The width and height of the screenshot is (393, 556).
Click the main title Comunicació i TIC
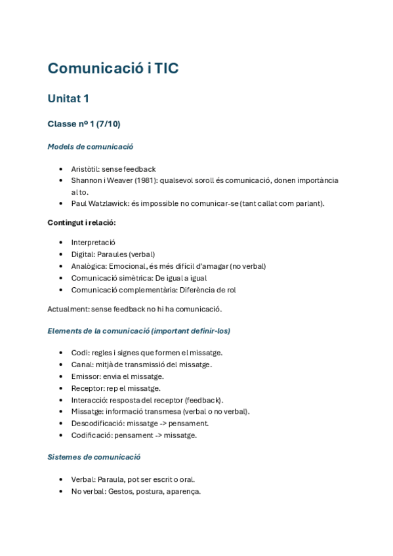113,68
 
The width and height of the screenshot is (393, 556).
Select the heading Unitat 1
68,99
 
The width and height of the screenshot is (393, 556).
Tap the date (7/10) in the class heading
108,124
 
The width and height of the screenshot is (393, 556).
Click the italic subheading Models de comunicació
91,147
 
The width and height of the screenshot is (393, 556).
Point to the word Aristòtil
84,169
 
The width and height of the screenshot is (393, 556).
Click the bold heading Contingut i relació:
81,222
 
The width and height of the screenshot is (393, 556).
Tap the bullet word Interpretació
93,243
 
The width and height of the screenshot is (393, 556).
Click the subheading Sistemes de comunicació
94,457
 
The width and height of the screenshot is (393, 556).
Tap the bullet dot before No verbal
61,492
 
